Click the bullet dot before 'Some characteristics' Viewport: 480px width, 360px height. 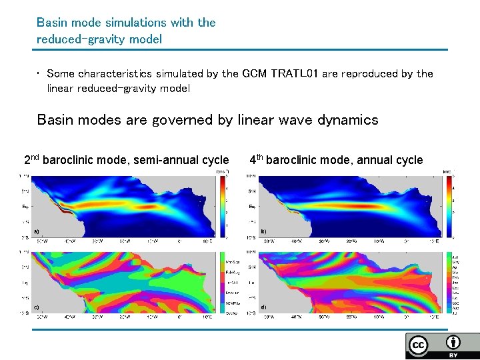(39, 74)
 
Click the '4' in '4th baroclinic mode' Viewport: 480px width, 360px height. (253, 160)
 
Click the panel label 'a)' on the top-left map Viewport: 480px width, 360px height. (36, 231)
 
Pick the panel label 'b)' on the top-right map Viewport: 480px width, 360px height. (263, 231)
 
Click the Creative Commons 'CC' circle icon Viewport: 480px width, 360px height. (419, 345)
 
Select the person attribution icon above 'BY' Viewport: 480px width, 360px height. (453, 343)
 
